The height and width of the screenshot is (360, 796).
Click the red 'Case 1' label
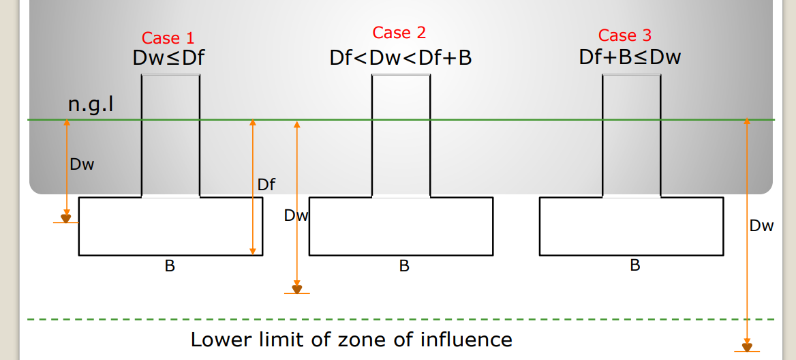click(168, 38)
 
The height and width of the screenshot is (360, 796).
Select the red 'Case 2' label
click(399, 33)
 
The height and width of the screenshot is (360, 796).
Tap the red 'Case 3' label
click(625, 35)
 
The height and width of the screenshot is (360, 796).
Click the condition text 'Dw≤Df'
click(168, 58)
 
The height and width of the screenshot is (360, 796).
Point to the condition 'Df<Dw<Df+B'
click(401, 58)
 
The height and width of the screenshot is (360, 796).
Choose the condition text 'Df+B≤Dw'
click(630, 57)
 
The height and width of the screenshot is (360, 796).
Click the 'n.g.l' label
click(90, 105)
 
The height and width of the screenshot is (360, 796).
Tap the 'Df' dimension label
click(266, 184)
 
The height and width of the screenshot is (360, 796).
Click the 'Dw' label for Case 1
click(82, 164)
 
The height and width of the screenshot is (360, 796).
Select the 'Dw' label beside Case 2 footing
click(296, 216)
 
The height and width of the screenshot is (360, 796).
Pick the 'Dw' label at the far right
click(761, 226)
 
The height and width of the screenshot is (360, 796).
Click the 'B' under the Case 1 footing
click(170, 266)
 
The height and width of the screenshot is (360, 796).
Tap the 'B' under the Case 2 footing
click(404, 266)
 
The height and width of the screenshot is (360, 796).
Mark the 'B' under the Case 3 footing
click(634, 265)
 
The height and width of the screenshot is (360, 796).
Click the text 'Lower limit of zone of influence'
click(351, 339)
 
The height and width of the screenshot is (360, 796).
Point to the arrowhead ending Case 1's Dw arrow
click(66, 218)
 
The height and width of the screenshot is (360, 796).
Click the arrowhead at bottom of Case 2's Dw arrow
click(296, 289)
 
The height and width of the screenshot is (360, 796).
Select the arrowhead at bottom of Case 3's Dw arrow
click(747, 347)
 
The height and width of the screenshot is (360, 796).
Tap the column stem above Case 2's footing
click(401, 136)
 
